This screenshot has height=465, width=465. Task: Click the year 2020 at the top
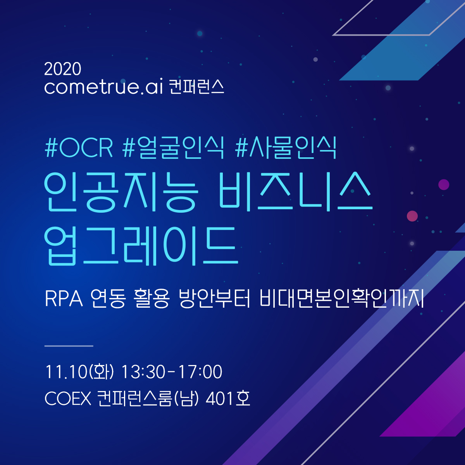point(62,69)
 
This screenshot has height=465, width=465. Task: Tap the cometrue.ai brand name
point(104,86)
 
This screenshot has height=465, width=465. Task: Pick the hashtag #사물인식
point(286,148)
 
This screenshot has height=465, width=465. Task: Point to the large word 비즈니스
point(296,191)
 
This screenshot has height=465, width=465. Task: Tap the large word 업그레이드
point(141,246)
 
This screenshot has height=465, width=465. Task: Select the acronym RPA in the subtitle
point(64,299)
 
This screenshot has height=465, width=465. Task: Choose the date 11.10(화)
point(79,372)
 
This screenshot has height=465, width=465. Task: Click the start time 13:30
point(143,372)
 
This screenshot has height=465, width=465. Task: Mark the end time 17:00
point(200,372)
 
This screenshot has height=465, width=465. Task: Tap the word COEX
point(68,398)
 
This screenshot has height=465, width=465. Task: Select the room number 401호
point(228,398)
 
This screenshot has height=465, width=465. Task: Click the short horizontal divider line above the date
point(69,346)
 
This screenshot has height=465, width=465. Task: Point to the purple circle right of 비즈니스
point(444,184)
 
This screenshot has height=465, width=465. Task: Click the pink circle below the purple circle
point(412,216)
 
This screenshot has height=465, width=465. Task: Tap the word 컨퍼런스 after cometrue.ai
point(196,86)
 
